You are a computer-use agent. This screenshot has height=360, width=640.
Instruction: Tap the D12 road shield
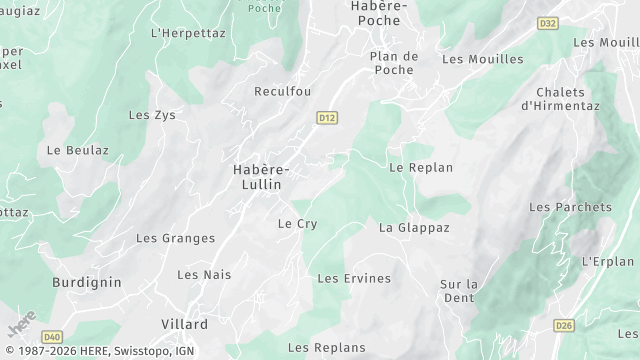click(327, 118)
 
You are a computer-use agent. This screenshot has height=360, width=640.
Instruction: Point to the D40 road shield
click(53, 336)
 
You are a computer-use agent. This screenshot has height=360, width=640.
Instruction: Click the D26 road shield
click(564, 325)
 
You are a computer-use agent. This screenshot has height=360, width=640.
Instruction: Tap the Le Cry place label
click(297, 224)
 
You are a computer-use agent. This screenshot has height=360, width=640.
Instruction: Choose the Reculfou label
click(282, 91)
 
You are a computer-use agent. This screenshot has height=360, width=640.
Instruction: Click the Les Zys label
click(152, 115)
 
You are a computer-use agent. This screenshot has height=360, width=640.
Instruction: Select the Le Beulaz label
click(78, 150)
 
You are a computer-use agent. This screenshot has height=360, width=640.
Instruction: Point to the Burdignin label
click(87, 283)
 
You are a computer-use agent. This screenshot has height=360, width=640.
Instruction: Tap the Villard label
click(185, 325)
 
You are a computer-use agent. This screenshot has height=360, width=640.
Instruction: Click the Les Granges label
click(175, 238)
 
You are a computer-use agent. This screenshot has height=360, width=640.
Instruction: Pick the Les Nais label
click(204, 274)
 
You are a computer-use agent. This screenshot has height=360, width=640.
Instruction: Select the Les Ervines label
click(354, 278)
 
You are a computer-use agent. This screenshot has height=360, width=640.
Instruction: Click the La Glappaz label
click(414, 228)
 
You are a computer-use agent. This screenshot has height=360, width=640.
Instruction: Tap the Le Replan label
click(421, 168)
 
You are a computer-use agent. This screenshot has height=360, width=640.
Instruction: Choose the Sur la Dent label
click(459, 291)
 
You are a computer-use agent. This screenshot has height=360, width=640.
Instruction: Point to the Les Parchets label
click(570, 207)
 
